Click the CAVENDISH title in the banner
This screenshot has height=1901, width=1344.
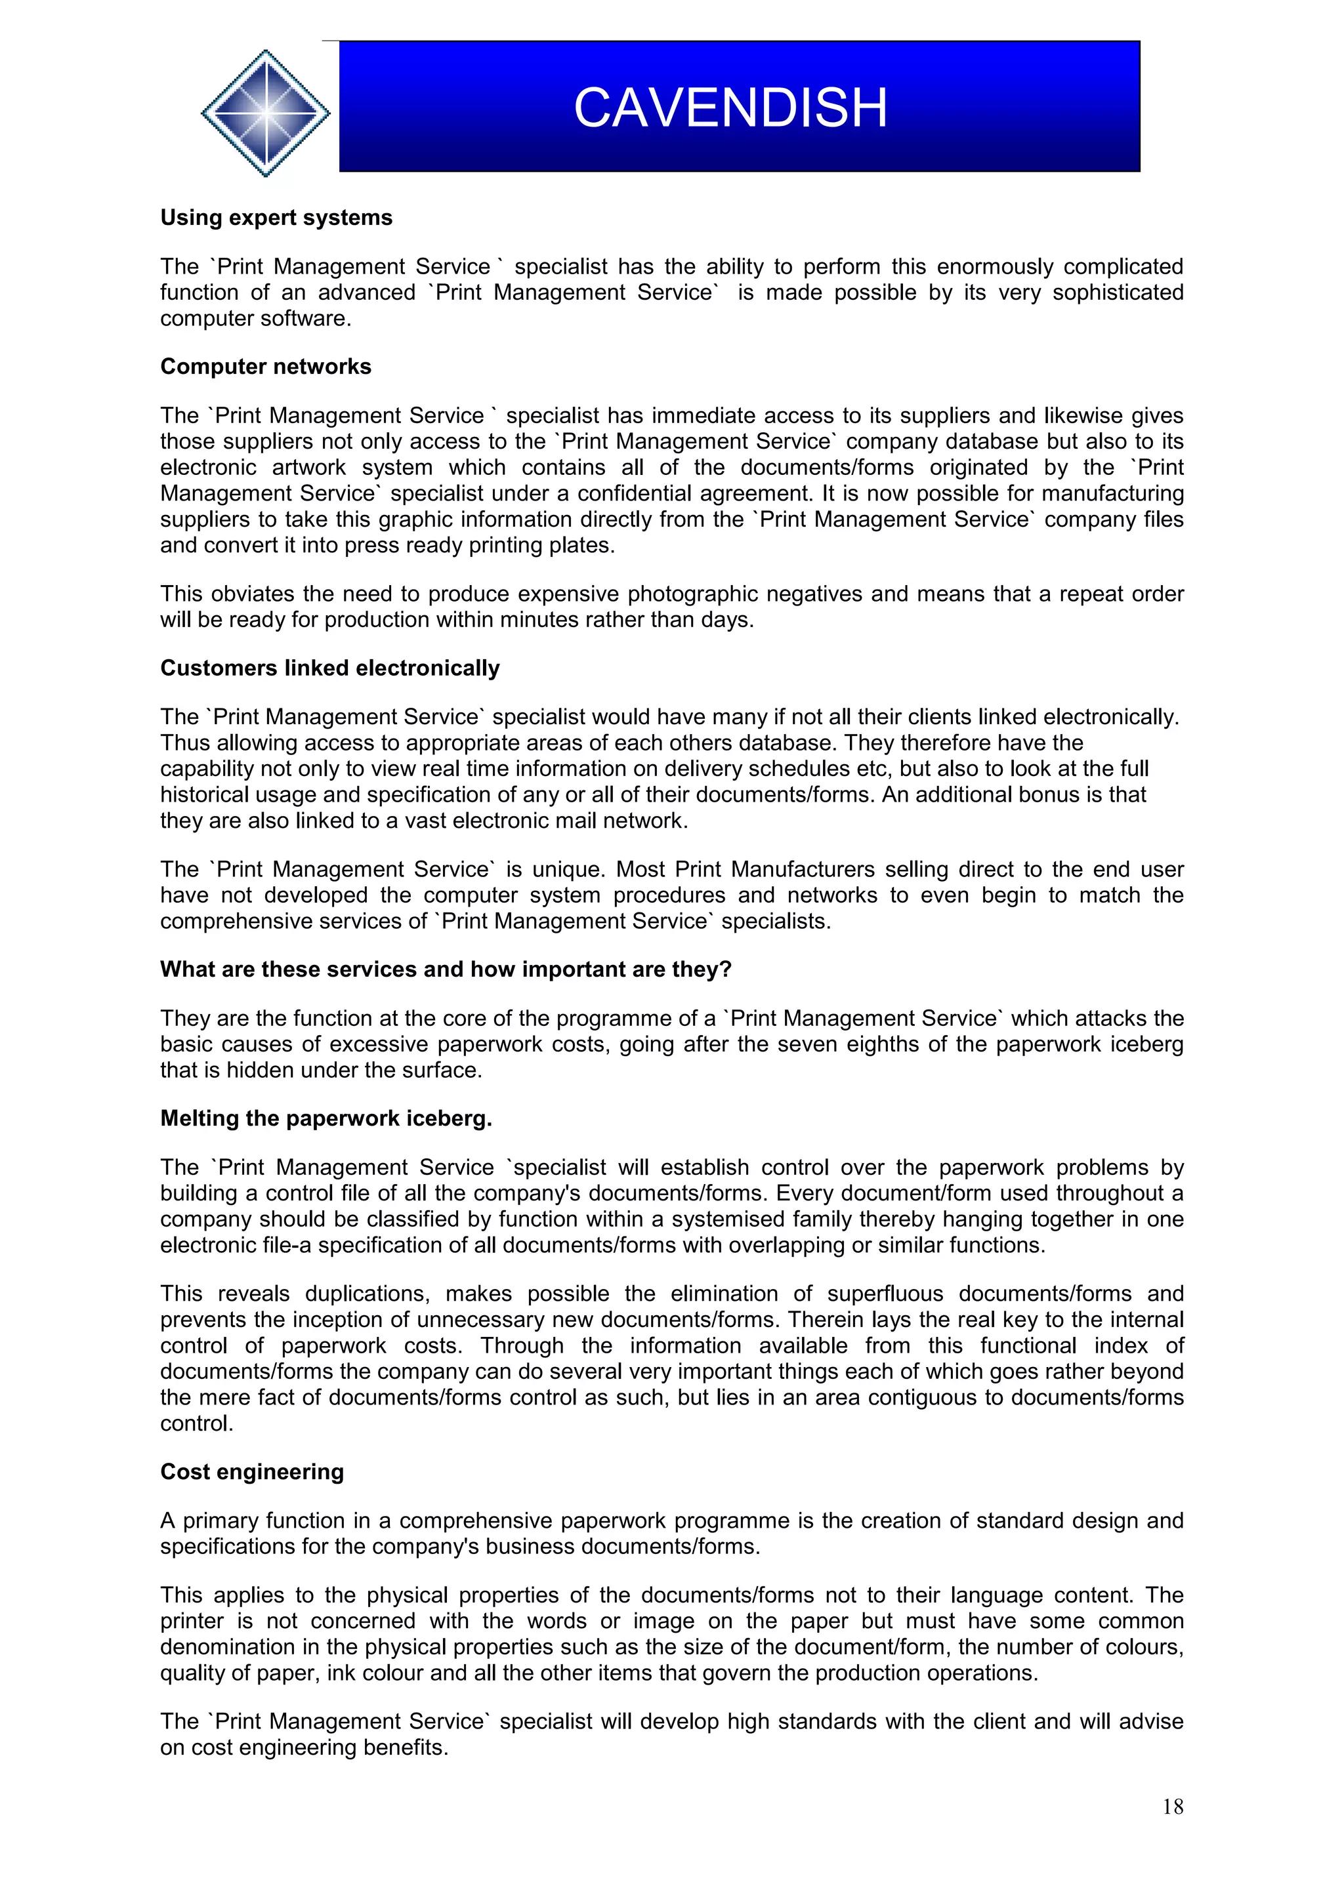point(730,108)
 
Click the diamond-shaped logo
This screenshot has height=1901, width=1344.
point(265,113)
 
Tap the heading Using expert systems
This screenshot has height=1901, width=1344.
point(276,218)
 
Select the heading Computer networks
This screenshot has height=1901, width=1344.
point(265,367)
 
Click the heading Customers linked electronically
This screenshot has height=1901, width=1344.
point(329,668)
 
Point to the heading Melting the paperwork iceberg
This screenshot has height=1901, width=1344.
point(325,1118)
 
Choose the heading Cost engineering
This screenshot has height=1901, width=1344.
point(252,1471)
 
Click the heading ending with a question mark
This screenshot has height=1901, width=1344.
point(446,970)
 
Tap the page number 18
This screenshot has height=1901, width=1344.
point(1172,1807)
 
